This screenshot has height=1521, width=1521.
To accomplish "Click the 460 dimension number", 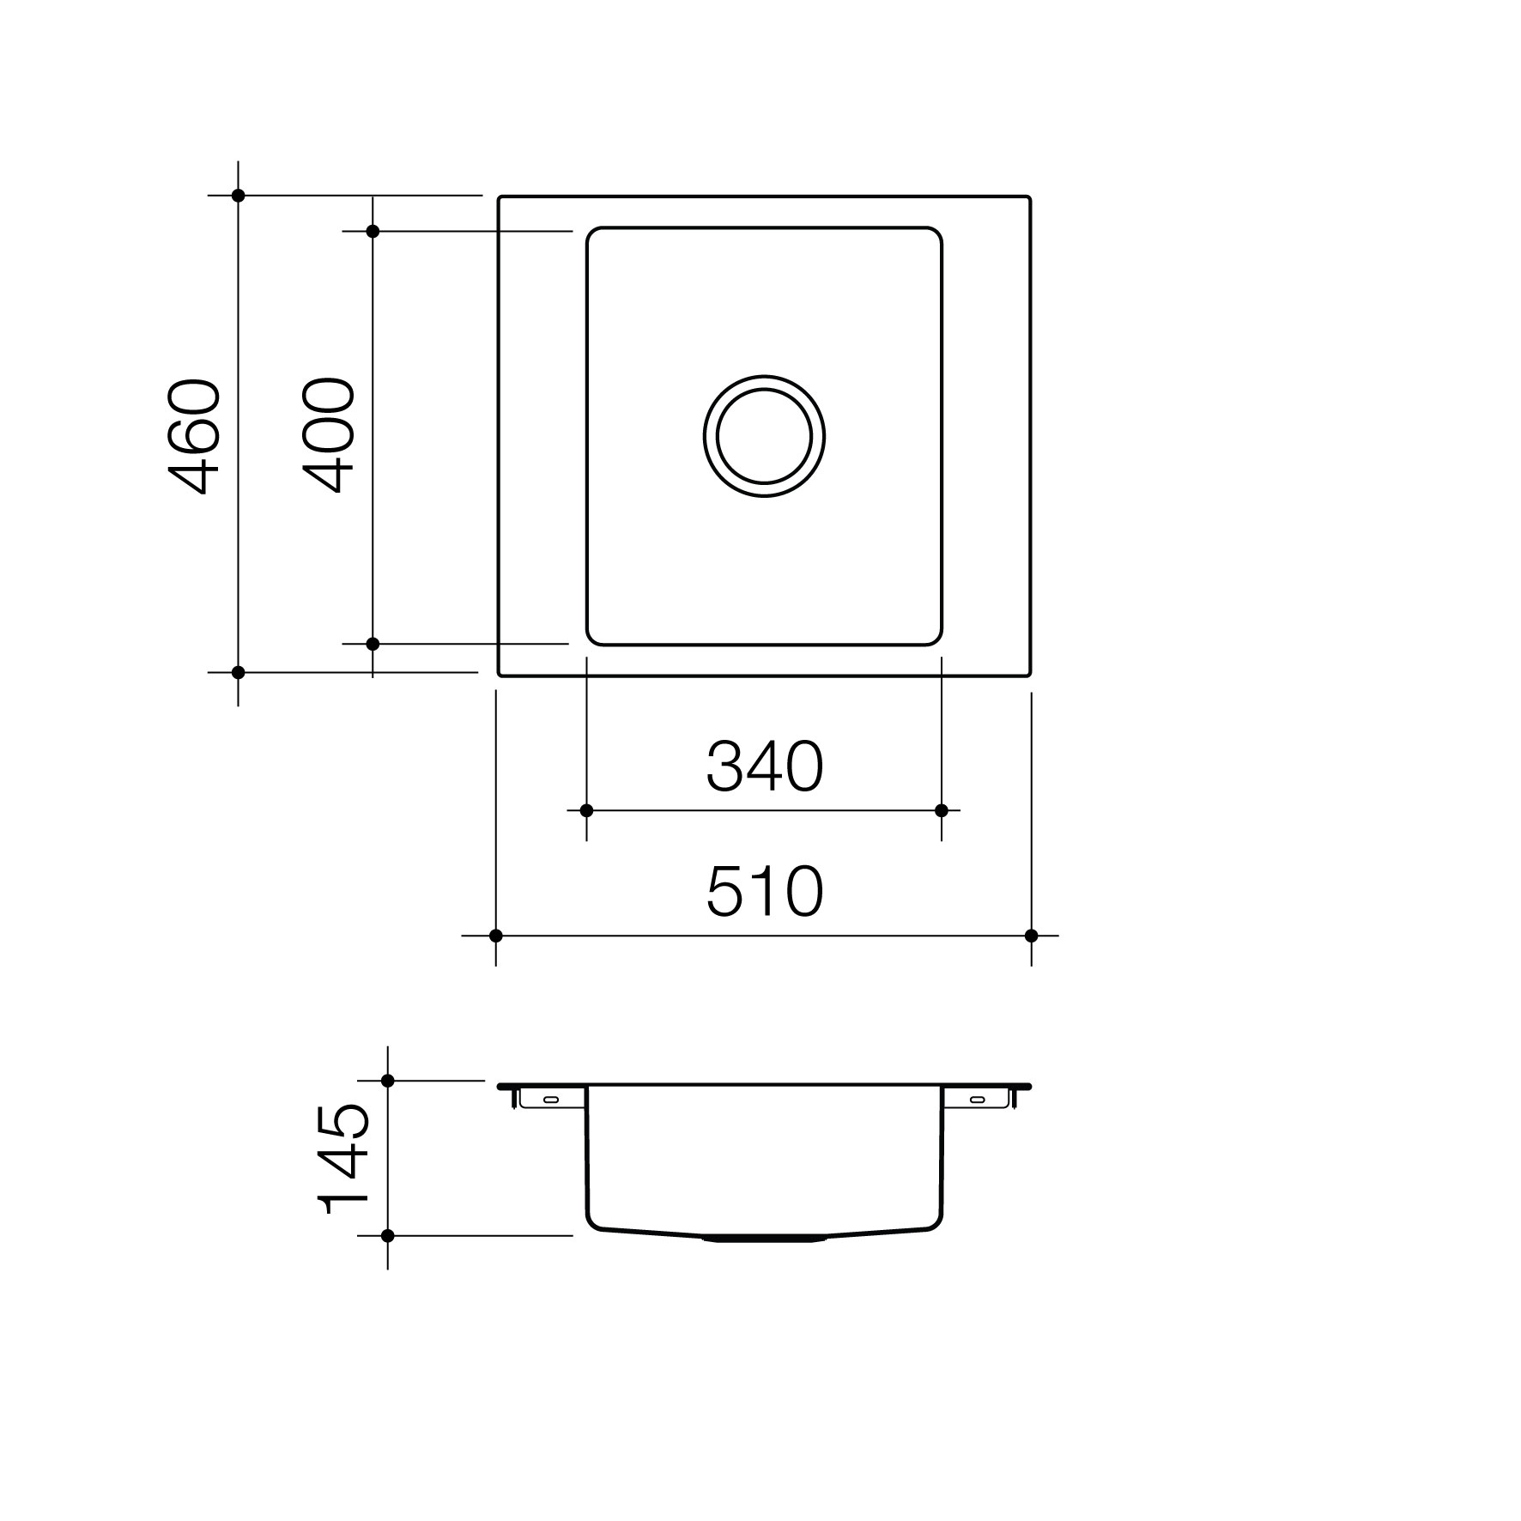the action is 194,435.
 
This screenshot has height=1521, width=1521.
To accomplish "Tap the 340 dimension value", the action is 765,767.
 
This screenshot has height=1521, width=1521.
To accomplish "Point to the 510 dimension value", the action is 765,892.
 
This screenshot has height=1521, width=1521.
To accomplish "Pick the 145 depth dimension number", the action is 343,1158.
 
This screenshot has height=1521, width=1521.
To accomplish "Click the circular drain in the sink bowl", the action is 764,436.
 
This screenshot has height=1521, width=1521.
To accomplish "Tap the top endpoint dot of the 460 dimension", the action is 239,196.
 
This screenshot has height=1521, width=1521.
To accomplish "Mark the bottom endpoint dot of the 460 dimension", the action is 239,672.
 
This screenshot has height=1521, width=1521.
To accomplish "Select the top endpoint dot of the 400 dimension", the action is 373,231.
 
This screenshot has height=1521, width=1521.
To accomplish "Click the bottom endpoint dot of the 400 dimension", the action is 373,643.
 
